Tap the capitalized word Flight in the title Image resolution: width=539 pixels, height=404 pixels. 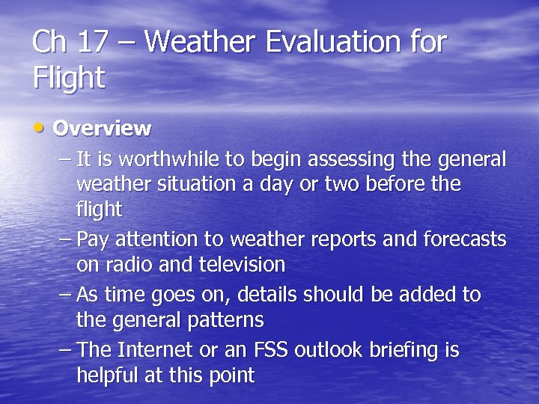point(69,77)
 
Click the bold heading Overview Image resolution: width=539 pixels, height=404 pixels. point(102,128)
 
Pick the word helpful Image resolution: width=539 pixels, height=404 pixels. point(110,376)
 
